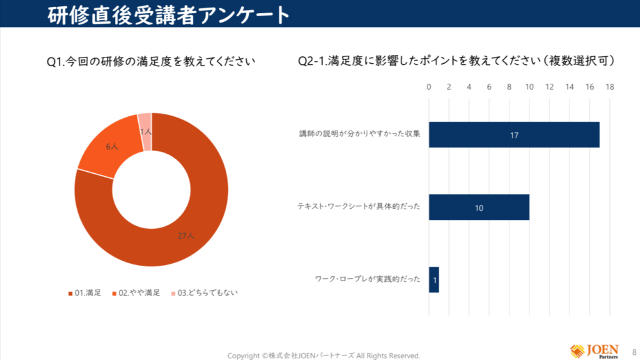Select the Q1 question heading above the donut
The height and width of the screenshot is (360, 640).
[152, 61]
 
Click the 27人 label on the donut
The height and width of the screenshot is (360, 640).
[186, 236]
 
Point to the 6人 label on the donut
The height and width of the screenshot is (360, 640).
[112, 146]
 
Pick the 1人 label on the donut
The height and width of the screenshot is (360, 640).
[146, 132]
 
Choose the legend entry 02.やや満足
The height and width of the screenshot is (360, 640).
[136, 292]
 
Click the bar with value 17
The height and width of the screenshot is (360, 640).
[514, 135]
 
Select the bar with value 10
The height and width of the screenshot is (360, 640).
[479, 207]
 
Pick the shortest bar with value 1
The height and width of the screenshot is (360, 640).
[434, 280]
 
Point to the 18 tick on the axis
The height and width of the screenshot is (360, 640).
[609, 87]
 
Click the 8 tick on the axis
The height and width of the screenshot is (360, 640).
[509, 87]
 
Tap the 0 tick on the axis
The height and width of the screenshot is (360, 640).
[429, 87]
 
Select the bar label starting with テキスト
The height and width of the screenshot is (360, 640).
[358, 207]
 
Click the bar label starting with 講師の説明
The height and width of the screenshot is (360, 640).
[360, 134]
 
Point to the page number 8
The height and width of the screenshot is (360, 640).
[634, 351]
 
